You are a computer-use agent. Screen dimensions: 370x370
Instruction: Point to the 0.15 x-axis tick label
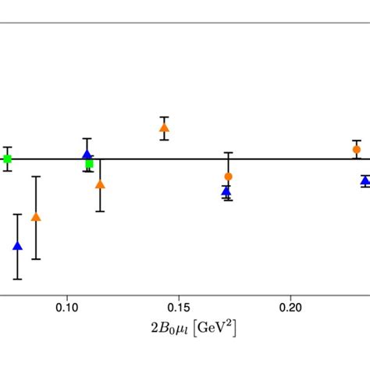click(180, 308)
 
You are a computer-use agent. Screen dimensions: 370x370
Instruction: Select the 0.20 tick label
click(291, 308)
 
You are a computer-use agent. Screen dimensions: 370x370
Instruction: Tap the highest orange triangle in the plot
click(164, 128)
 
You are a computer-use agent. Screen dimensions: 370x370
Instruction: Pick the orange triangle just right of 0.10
click(100, 184)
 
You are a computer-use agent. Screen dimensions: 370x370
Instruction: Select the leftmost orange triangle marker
click(35, 217)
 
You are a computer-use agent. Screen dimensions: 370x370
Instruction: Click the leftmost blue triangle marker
click(17, 247)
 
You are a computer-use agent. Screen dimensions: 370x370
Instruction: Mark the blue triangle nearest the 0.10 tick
click(87, 155)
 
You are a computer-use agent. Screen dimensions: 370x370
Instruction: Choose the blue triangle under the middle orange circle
click(226, 190)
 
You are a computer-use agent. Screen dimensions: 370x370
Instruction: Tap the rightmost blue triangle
click(365, 181)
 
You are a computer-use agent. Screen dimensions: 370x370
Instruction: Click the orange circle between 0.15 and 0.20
click(228, 176)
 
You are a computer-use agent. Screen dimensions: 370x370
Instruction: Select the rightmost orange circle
click(357, 149)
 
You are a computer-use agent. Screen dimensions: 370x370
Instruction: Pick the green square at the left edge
click(7, 159)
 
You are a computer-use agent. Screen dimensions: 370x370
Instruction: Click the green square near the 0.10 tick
click(89, 164)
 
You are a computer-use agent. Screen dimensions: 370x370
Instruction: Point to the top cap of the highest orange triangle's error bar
click(164, 117)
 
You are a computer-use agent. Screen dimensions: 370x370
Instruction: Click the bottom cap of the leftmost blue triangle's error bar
click(17, 279)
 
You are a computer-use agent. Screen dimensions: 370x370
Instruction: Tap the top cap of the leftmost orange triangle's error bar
click(35, 177)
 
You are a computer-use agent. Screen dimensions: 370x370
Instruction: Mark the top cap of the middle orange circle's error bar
click(228, 153)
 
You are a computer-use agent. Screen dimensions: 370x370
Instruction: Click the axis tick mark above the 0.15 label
click(180, 294)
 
